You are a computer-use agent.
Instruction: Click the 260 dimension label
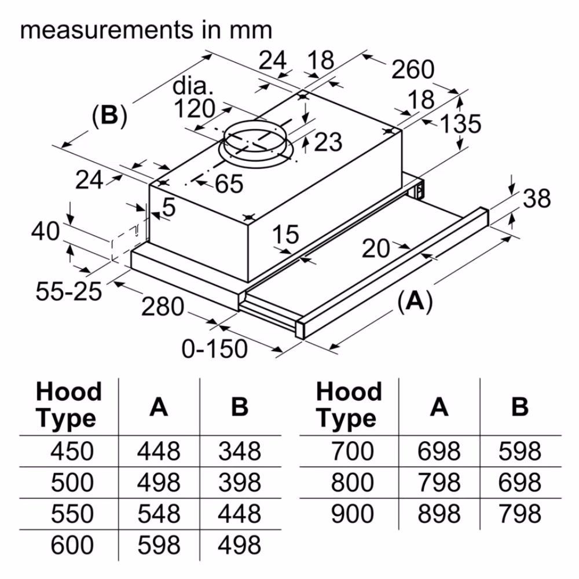click(412, 69)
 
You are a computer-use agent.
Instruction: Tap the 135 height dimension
click(461, 123)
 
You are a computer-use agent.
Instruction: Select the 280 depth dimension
click(163, 306)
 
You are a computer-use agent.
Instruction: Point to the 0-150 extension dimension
click(215, 349)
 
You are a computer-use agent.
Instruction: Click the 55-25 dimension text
click(69, 291)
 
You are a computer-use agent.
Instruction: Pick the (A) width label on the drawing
click(415, 301)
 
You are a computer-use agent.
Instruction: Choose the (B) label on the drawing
click(109, 115)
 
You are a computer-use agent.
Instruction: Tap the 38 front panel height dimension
click(537, 198)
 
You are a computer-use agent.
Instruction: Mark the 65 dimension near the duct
click(229, 184)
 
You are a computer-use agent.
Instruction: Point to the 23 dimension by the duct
click(328, 142)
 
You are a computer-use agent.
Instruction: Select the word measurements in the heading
click(107, 30)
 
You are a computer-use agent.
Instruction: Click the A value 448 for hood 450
click(159, 451)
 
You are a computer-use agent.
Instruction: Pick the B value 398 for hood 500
click(240, 482)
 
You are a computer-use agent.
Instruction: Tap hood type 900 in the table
click(352, 514)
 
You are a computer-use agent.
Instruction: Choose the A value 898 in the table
click(439, 514)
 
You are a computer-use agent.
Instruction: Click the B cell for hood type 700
click(520, 451)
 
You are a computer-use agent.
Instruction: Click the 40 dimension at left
click(45, 232)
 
